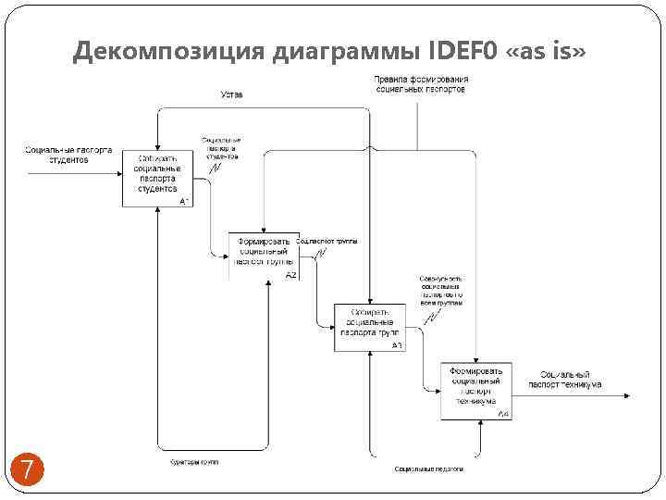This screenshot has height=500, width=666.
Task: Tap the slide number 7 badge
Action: coord(28,469)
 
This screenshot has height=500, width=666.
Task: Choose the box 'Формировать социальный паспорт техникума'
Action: coord(475,390)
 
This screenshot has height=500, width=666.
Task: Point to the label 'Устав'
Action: coord(232,94)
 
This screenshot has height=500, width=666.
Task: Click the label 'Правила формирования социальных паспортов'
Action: coord(421,84)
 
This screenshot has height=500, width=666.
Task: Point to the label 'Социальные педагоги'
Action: coord(428,469)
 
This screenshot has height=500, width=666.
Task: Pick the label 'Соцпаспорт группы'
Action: coord(327,242)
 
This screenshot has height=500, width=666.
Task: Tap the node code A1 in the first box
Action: coord(185,200)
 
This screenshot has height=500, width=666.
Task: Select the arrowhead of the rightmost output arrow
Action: coord(629,396)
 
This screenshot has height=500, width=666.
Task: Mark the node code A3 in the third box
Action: coord(397,345)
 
